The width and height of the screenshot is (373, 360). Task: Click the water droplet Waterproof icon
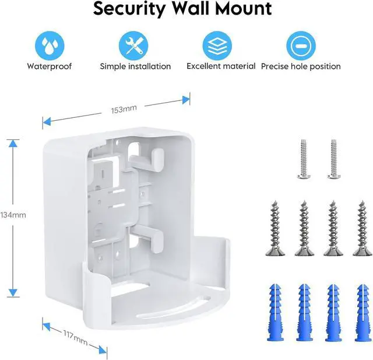click(x=49, y=44)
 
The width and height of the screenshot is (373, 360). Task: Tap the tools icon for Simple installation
click(x=135, y=44)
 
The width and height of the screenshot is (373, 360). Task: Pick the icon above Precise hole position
click(x=300, y=44)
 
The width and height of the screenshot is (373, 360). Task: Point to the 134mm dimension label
click(x=13, y=215)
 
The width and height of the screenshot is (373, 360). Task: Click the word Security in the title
click(x=129, y=9)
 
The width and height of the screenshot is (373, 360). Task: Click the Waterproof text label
click(x=49, y=67)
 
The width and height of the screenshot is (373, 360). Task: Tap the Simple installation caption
click(x=135, y=67)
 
